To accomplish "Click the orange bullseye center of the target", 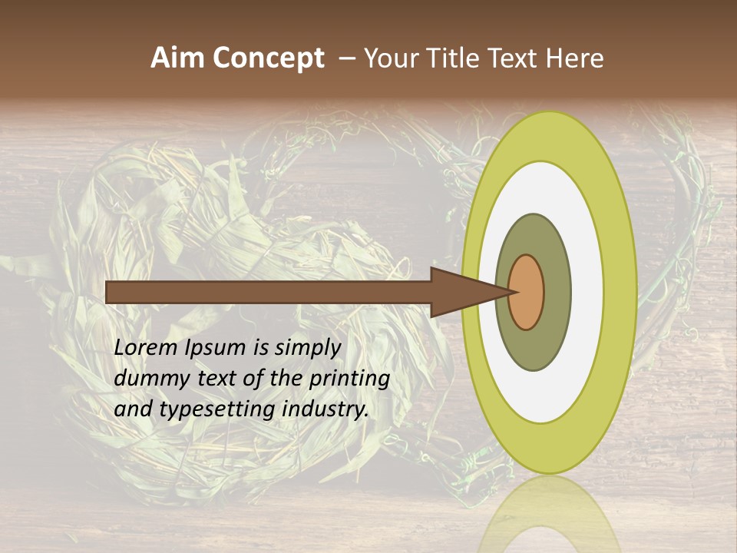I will point(527,293).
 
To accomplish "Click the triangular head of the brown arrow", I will point(461,293).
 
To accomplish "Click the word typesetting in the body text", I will point(209,410).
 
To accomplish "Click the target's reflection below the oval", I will point(549,515).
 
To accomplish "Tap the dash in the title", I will point(345,58).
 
